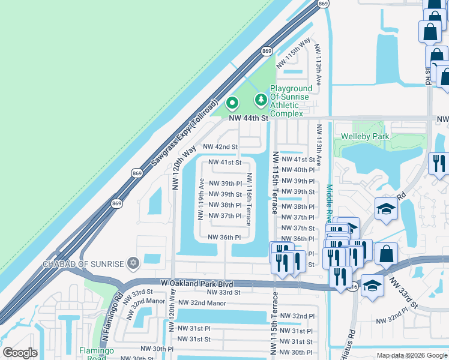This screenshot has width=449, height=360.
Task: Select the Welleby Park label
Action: coord(365,136)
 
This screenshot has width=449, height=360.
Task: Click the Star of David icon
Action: coord(133,263)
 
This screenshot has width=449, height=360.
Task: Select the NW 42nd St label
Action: coord(220,146)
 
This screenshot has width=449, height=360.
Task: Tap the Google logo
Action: coord(20,353)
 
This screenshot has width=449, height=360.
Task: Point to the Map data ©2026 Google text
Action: coord(411,355)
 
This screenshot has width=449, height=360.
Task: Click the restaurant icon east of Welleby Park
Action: coord(438,163)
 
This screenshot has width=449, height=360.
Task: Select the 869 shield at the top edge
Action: coord(324,4)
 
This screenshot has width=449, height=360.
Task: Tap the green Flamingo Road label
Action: coord(93,354)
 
